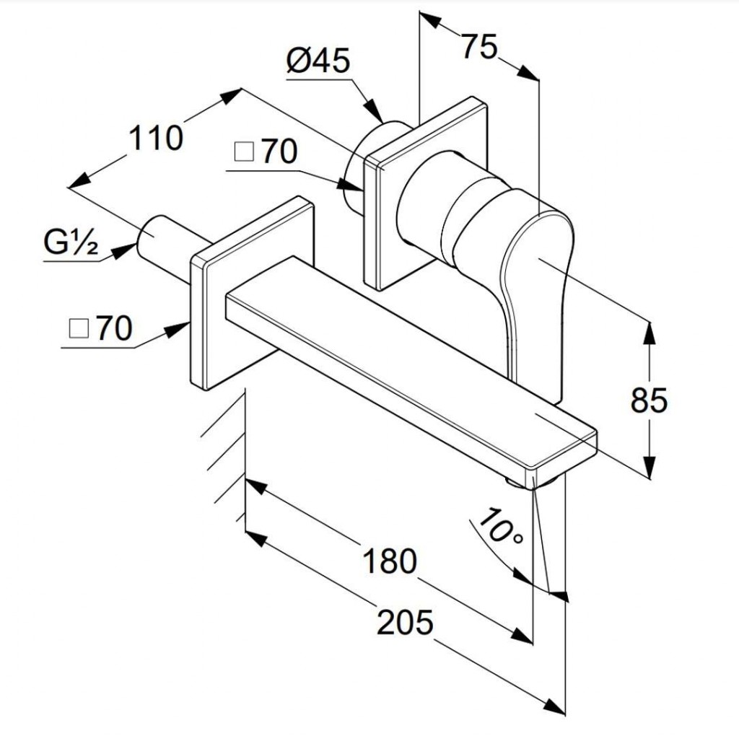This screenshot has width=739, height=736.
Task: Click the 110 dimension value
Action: click(156, 137)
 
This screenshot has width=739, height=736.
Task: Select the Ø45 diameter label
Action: click(318, 61)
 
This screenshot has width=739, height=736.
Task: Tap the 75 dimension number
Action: click(479, 46)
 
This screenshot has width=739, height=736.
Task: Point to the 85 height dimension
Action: click(649, 400)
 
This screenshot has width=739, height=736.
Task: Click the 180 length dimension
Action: click(390, 560)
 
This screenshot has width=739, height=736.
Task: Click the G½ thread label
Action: click(71, 242)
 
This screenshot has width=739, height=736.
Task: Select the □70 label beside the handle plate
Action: click(266, 152)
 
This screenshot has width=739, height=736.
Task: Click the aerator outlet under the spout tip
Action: click(532, 482)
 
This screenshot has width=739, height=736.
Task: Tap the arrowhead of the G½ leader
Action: click(123, 250)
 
